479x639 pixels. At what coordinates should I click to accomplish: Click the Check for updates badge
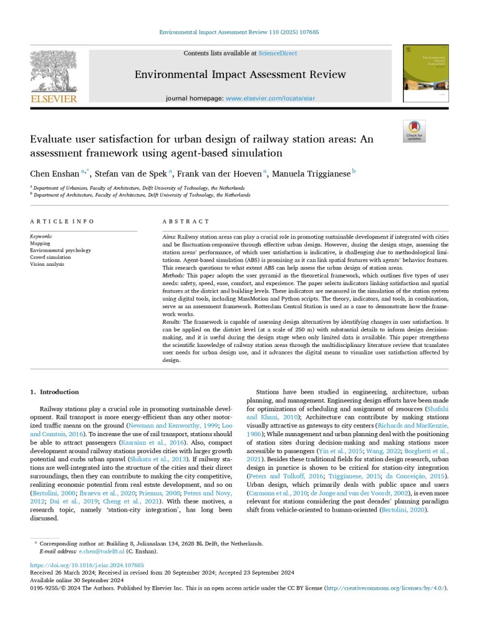[x=414, y=131]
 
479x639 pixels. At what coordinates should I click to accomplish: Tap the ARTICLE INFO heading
[x=62, y=221]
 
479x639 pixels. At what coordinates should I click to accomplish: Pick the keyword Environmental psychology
[x=60, y=250]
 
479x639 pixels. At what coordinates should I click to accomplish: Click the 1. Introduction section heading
[x=55, y=392]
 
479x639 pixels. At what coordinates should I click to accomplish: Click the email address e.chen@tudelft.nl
[x=100, y=552]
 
